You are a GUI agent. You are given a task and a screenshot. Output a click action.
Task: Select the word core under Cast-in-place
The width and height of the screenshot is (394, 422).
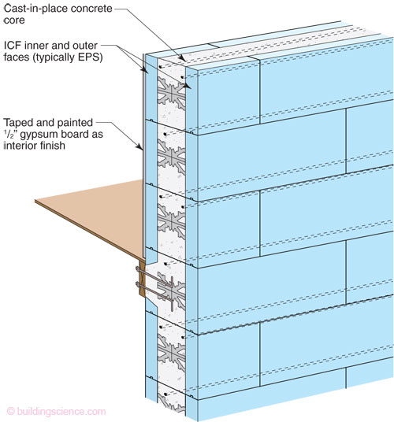[x=14, y=20]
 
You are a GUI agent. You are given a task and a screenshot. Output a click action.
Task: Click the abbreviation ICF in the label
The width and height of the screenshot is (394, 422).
[x=13, y=46]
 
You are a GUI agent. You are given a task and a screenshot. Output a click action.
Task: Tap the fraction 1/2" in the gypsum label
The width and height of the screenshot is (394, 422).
[x=11, y=134]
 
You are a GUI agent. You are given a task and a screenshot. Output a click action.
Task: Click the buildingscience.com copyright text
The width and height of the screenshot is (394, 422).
[x=56, y=411]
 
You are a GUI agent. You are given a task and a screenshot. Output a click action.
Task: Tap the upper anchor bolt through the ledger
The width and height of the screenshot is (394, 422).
[x=154, y=276]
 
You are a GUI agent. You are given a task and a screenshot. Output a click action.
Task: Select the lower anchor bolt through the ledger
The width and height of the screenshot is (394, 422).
[x=154, y=291]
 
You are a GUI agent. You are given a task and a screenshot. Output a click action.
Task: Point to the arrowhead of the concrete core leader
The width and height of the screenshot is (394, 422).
[x=182, y=57]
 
